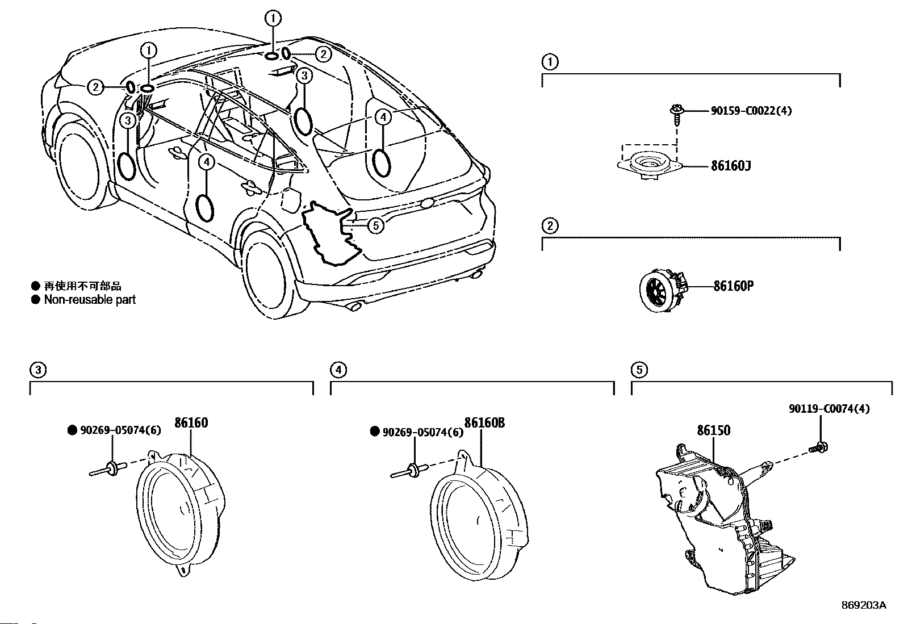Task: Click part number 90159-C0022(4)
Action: coord(751,111)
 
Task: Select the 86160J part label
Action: coord(731,166)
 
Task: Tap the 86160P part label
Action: coord(733,286)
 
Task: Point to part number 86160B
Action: coord(484,422)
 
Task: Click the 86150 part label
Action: coord(714,430)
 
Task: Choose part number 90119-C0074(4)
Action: coord(830,409)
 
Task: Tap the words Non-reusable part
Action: coord(90,299)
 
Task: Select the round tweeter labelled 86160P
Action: coord(663,290)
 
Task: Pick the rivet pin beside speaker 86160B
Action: coord(409,471)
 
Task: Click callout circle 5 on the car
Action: coord(376,225)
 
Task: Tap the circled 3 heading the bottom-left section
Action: coord(38,370)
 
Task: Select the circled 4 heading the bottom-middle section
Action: coord(338,370)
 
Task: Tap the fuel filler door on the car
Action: coord(291,199)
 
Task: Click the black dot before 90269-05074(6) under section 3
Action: coord(72,430)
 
